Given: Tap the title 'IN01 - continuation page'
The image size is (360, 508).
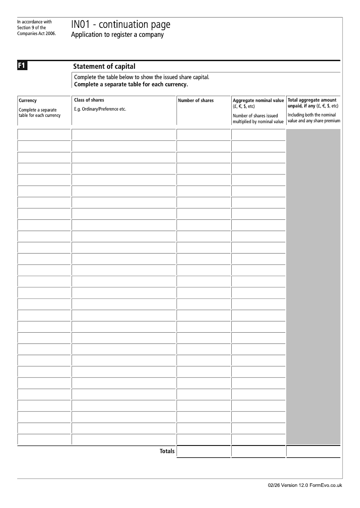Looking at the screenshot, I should (121, 25).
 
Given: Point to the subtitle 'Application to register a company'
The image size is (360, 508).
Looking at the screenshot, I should (117, 35).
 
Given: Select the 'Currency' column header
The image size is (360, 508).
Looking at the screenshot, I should (28, 101).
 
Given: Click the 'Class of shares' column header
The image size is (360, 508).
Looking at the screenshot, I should (89, 100).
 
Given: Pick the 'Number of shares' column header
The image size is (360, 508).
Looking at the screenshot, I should (196, 100).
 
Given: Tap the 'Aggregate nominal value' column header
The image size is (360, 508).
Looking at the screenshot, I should (258, 100).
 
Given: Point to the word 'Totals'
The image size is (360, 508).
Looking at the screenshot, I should (167, 451).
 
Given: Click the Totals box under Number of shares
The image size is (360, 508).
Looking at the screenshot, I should (203, 451).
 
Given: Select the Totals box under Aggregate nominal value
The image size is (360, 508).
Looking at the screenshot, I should (258, 451).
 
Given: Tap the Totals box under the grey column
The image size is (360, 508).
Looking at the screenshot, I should (313, 451).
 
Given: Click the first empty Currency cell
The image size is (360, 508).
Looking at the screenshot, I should (44, 134).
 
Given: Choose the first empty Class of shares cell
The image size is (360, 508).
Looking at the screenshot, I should (123, 134).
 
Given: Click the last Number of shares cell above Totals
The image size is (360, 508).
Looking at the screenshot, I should (203, 439).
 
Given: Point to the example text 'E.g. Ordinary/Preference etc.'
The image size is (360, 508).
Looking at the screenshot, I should (100, 109).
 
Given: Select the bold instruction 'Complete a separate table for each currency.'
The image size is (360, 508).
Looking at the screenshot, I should (130, 84).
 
